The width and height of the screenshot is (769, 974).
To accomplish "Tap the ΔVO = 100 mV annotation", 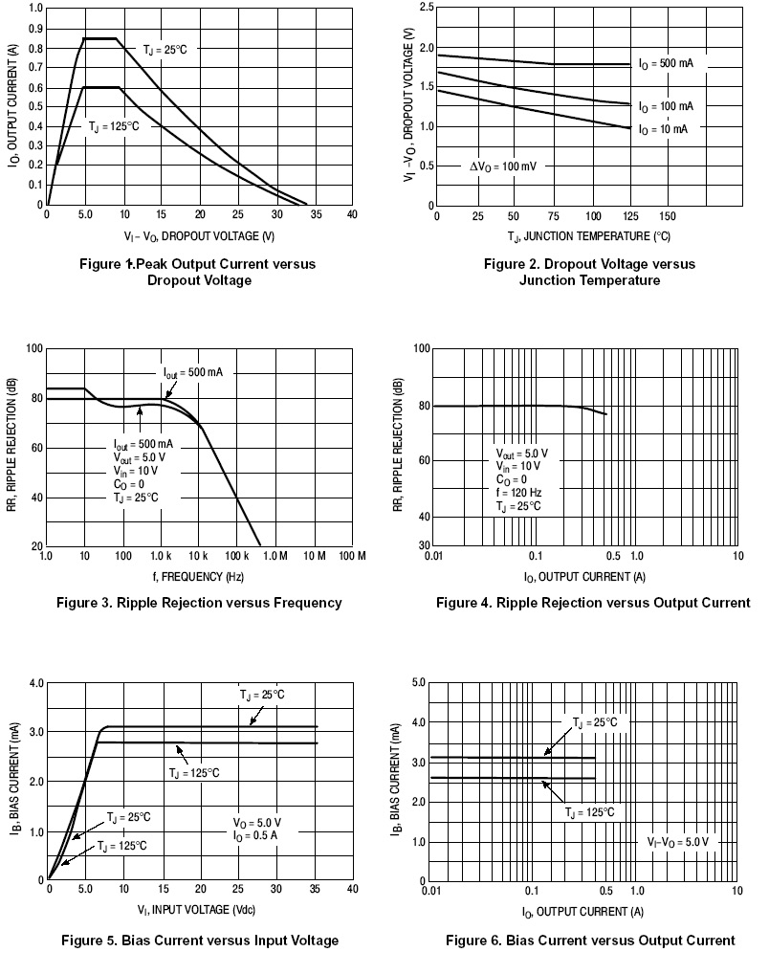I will [502, 166].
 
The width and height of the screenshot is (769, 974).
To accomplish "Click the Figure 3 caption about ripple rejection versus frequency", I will [199, 603].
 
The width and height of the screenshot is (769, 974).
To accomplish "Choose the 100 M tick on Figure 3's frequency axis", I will [352, 556].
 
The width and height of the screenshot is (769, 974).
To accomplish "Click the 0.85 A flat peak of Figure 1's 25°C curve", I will [100, 38].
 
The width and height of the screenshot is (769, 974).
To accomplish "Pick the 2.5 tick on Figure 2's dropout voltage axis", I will [426, 8].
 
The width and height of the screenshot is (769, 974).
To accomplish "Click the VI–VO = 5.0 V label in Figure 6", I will [677, 842].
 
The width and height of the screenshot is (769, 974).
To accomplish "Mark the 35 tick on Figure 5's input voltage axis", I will [316, 889].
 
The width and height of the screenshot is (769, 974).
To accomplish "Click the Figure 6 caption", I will [590, 941].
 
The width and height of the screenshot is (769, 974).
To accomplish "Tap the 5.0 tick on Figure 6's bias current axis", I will [418, 682].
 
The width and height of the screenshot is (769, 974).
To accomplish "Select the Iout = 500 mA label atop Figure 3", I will [192, 372].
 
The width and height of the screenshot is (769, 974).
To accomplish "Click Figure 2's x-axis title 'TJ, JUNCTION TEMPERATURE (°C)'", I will [588, 235].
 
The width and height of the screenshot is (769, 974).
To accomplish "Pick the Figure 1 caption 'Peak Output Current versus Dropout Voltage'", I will [198, 272].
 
